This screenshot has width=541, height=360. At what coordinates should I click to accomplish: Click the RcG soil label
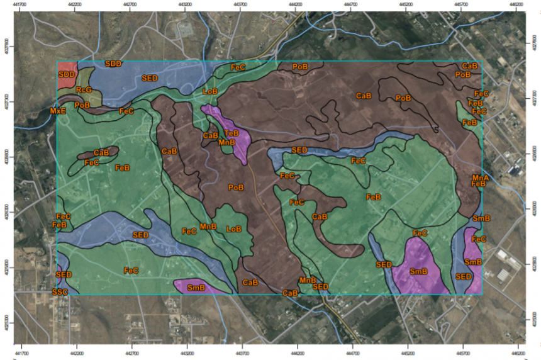pyautogui.click(x=84, y=90)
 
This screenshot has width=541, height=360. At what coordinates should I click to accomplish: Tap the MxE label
pyautogui.click(x=58, y=111)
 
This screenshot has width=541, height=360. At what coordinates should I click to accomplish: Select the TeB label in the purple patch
pyautogui.click(x=231, y=133)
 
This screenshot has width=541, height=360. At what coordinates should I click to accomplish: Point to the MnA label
pyautogui.click(x=481, y=178)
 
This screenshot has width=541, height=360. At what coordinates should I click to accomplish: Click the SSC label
pyautogui.click(x=60, y=292)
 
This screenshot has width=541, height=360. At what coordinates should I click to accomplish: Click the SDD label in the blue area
pyautogui.click(x=113, y=64)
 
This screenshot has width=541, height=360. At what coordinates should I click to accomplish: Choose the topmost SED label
pyautogui.click(x=150, y=78)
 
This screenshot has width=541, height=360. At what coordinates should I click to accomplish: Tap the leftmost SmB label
pyautogui.click(x=197, y=288)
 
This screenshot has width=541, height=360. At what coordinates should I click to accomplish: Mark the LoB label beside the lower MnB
pyautogui.click(x=234, y=229)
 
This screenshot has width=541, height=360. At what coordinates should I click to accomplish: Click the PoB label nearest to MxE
pyautogui.click(x=82, y=105)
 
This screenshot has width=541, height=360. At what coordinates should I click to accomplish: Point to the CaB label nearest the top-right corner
pyautogui.click(x=469, y=66)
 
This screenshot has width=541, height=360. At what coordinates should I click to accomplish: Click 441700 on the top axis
pyautogui.click(x=21, y=4)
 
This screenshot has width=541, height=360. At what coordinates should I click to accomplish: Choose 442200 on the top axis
pyautogui.click(x=75, y=4)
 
